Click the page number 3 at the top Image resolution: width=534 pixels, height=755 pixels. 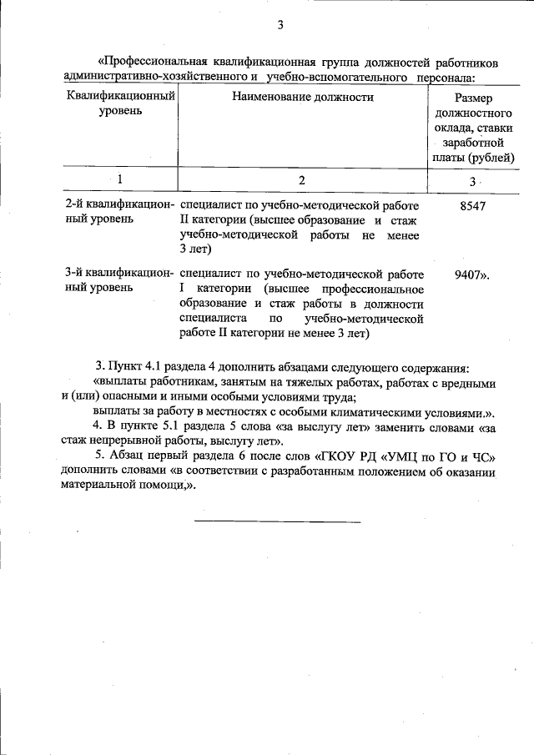point(280,26)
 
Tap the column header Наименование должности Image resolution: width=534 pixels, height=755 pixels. point(303,98)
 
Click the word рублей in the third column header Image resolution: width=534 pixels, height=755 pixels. point(492,158)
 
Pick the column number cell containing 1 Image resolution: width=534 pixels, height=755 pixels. point(120,179)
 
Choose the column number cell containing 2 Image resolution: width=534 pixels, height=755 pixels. point(302,179)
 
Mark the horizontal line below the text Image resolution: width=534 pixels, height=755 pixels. point(278,522)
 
